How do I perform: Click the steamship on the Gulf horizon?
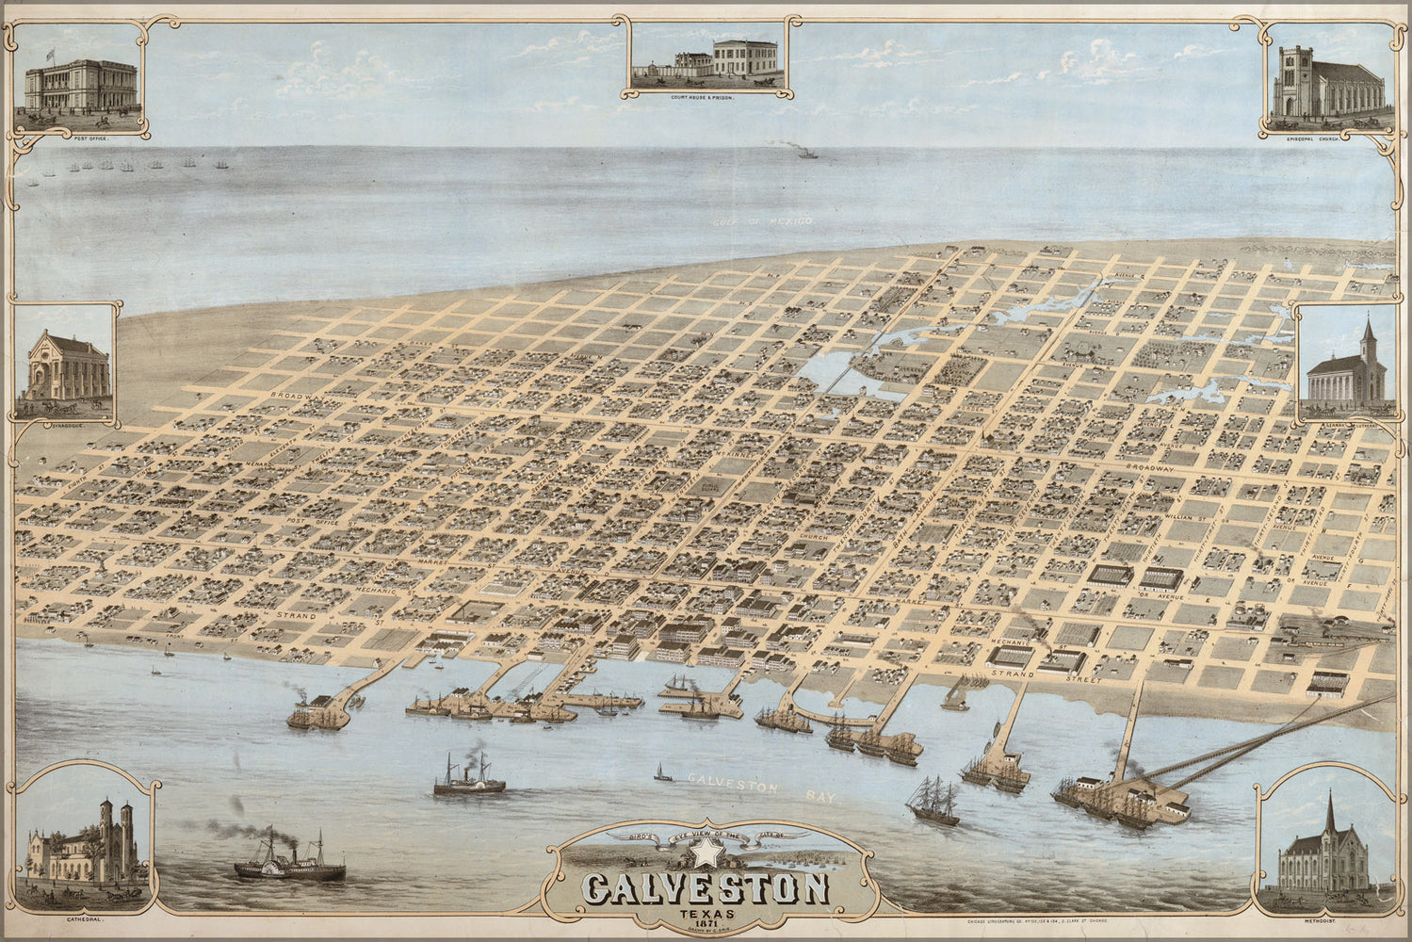[806, 152]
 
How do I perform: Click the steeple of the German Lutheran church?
[1368, 341]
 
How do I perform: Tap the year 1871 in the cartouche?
[704, 922]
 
